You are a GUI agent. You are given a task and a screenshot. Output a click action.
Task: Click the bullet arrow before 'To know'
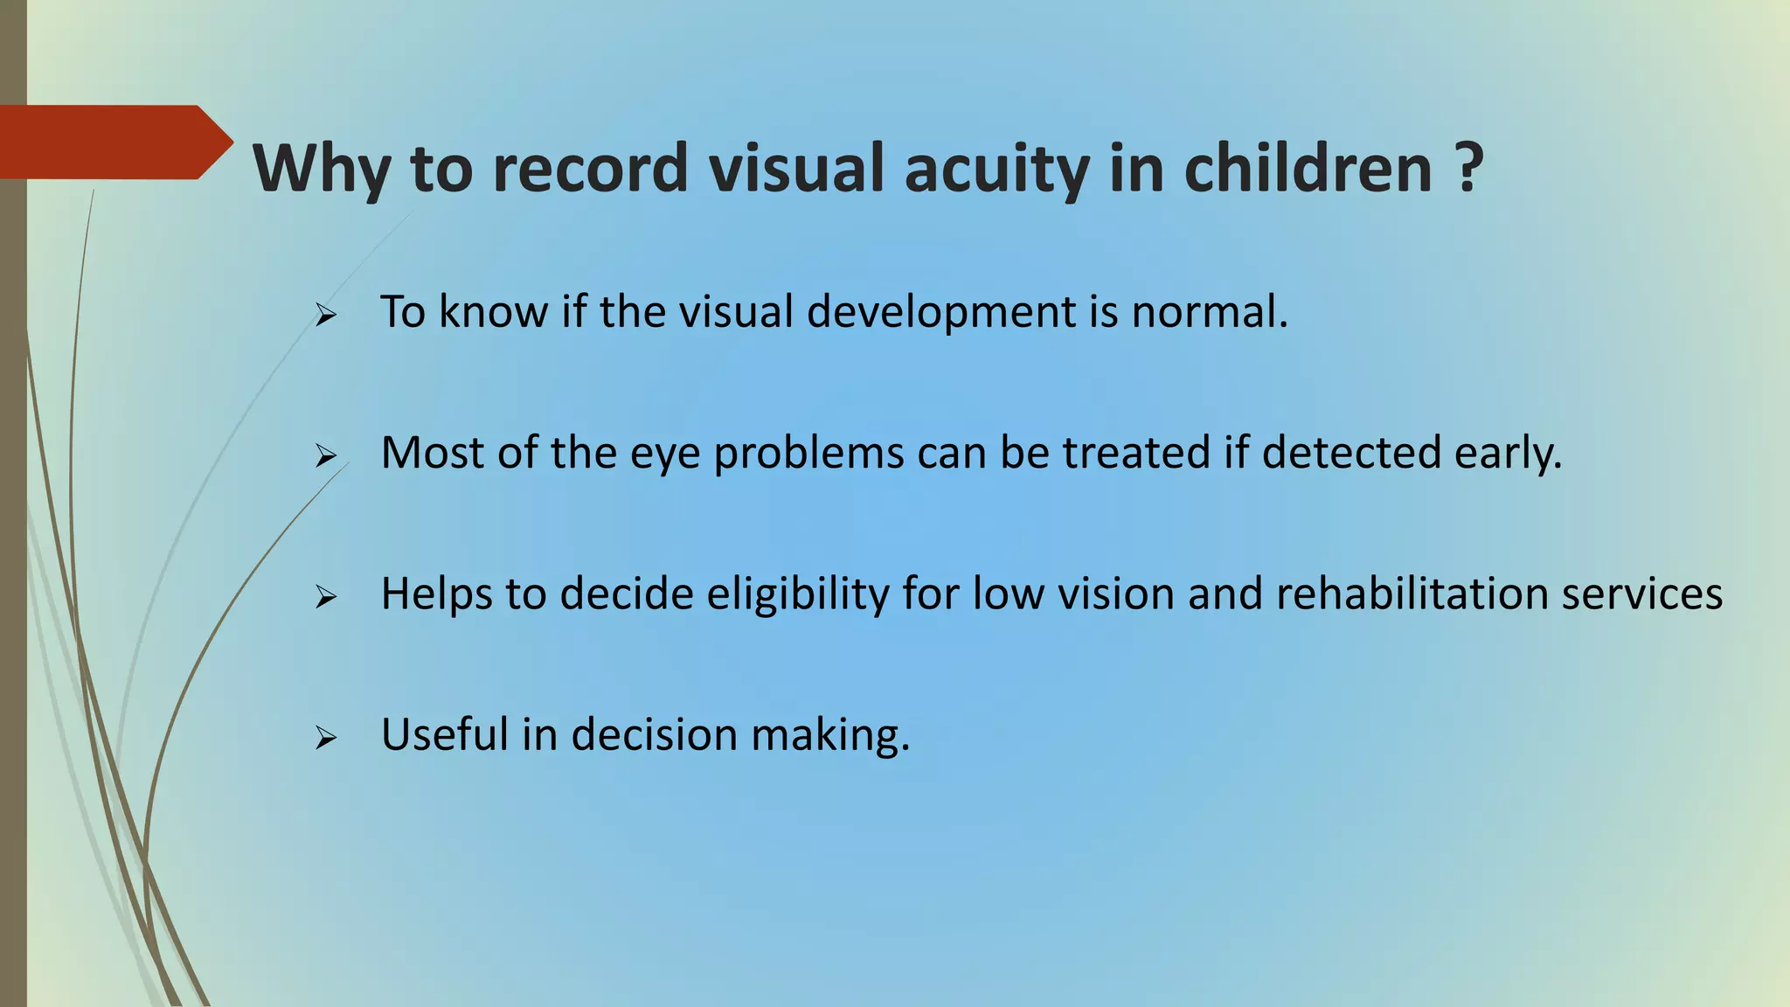point(326,315)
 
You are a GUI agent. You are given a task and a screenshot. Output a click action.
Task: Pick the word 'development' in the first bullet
point(940,312)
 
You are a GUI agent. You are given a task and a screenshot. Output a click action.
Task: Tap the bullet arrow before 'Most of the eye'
point(326,455)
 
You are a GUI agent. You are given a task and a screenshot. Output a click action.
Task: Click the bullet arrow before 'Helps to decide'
point(326,597)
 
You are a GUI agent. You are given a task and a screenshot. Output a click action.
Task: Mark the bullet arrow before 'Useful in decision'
point(326,739)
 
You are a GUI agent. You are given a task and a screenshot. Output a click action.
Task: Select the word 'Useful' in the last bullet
point(444,734)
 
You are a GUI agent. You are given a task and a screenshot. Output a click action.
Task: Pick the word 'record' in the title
point(590,168)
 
